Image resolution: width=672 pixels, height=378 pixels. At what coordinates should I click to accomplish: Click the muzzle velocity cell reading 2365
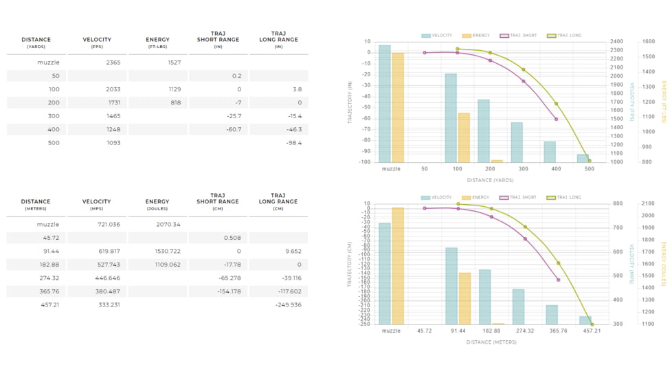coord(113,63)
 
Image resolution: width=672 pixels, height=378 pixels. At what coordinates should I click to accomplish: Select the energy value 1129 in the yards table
coord(175,89)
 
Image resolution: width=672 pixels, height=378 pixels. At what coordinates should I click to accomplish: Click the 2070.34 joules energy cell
coord(168,225)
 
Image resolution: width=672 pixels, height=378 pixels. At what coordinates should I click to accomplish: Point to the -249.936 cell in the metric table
coord(288,304)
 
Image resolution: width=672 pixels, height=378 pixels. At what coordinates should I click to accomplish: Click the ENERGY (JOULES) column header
coord(157,204)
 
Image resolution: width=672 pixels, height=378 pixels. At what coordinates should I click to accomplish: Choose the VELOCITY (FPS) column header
coord(96,42)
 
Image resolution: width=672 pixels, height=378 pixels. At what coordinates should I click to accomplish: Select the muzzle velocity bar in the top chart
coord(385,103)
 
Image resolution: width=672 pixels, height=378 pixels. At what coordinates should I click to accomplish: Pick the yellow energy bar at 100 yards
coord(464,137)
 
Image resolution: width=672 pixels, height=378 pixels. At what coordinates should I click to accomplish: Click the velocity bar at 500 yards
coord(583,158)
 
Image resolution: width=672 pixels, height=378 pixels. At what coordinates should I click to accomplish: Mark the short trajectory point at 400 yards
coord(556,119)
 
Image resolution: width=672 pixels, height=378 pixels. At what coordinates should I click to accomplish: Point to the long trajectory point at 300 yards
coord(523,69)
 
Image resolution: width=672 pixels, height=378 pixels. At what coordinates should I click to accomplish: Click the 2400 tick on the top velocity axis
coord(616,42)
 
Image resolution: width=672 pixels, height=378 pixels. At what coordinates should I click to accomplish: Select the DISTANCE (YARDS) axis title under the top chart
coord(489,180)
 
